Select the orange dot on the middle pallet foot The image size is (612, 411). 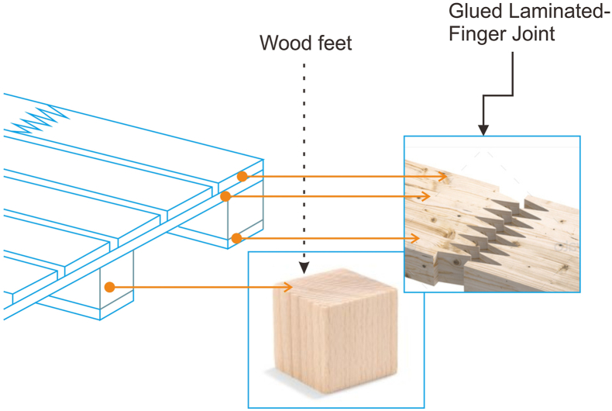110,288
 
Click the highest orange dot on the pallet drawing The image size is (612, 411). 242,177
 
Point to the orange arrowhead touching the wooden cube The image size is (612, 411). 291,288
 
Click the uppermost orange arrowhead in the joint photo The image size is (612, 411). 445,177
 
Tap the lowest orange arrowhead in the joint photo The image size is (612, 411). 418,237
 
